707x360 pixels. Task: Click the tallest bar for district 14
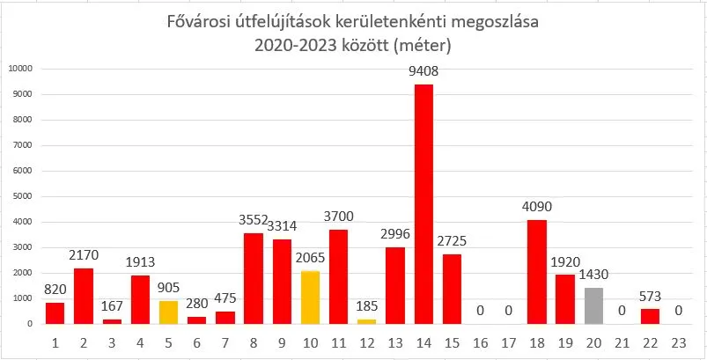click(x=423, y=204)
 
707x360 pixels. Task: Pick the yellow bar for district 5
click(x=168, y=312)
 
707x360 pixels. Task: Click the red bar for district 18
click(x=537, y=272)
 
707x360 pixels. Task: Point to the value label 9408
click(x=423, y=71)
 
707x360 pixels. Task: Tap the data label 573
click(x=650, y=298)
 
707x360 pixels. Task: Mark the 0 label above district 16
click(x=481, y=312)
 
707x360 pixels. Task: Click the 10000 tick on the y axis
click(x=18, y=69)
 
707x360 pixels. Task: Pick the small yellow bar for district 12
click(x=366, y=321)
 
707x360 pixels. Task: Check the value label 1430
click(x=593, y=276)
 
